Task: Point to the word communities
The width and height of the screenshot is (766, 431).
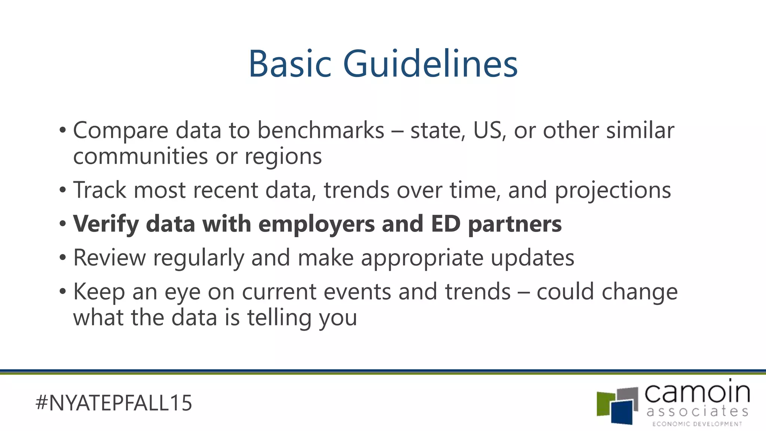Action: click(x=140, y=156)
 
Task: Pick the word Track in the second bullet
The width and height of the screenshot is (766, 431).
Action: click(x=100, y=190)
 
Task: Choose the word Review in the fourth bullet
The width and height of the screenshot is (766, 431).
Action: click(x=109, y=258)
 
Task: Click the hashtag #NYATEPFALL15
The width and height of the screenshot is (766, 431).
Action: click(x=113, y=403)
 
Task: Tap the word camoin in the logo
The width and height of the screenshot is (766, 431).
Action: click(x=697, y=392)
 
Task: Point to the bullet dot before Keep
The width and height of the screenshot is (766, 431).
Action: click(x=62, y=291)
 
